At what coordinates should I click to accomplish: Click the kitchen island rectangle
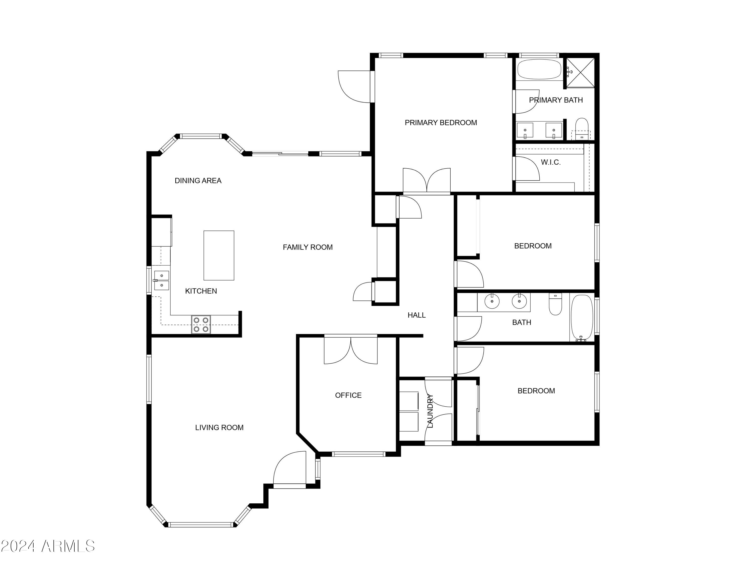click(219, 255)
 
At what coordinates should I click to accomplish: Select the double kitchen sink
click(161, 280)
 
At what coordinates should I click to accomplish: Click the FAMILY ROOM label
click(307, 247)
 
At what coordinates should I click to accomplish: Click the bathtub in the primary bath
click(539, 69)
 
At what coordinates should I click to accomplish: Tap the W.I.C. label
click(551, 162)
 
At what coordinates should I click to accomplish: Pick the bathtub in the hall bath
click(582, 318)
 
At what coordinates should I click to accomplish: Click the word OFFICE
click(348, 395)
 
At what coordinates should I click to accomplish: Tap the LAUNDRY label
click(430, 411)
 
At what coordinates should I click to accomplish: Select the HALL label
click(417, 315)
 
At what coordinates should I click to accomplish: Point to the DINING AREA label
click(198, 181)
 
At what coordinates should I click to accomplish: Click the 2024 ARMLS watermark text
click(48, 546)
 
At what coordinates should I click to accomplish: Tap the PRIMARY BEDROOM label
click(441, 123)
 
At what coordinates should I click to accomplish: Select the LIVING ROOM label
click(219, 428)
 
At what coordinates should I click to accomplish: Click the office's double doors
click(350, 351)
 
